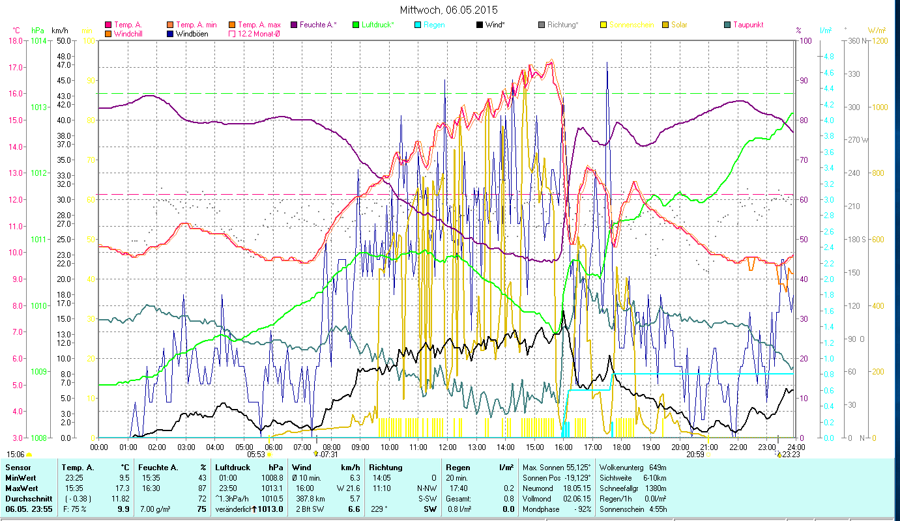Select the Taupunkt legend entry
748,25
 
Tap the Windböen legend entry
192,33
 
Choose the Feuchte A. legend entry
318,25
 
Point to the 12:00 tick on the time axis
448,447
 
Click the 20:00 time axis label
680,447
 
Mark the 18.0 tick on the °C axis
16,40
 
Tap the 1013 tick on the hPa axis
38,107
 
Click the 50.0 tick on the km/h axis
63,40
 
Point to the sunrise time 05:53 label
255,455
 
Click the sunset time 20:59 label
695,455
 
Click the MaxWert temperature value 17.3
122,488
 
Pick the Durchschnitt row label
25,498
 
